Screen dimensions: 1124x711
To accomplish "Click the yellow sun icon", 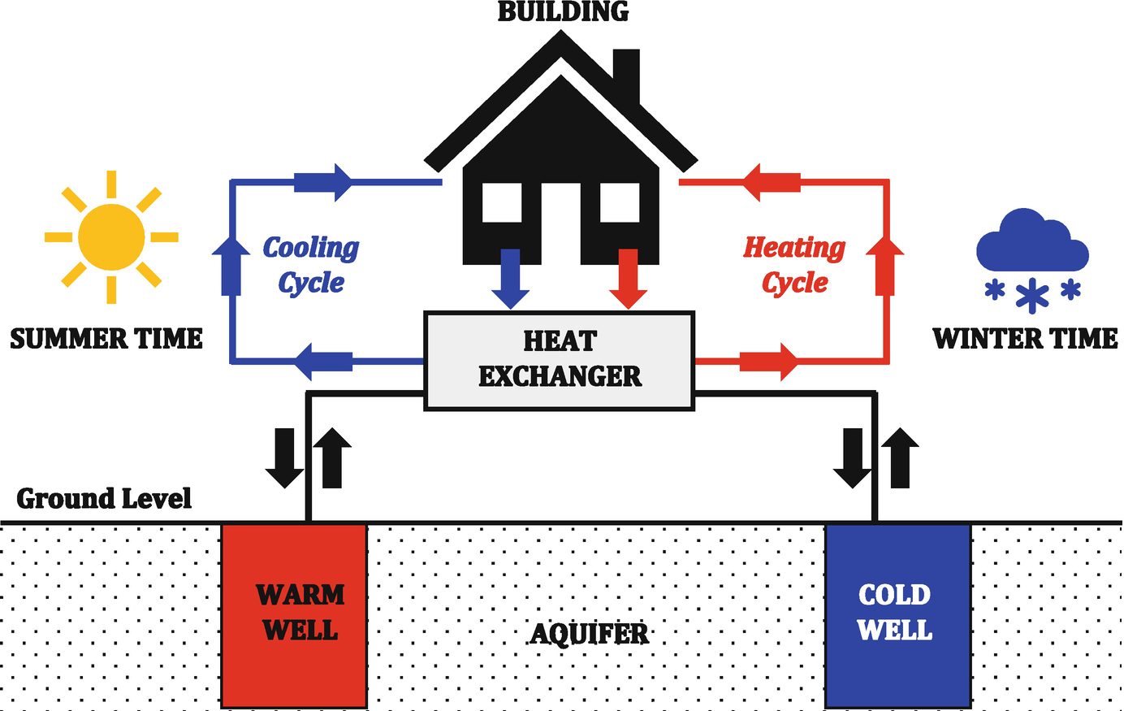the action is (x=112, y=237).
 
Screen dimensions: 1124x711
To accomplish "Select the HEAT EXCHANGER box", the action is (x=560, y=359).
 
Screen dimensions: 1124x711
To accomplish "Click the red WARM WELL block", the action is (x=294, y=615).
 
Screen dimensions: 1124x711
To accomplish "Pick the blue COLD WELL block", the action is (x=897, y=615).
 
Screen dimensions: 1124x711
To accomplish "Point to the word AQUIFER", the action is (x=590, y=633).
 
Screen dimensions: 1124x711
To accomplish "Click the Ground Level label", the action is (x=104, y=498).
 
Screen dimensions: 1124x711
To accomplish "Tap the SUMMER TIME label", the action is (x=106, y=338).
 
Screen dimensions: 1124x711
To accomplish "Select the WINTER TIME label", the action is (x=1025, y=338).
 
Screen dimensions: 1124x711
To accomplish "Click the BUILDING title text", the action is (x=563, y=12).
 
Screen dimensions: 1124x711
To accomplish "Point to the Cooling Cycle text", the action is (x=311, y=265).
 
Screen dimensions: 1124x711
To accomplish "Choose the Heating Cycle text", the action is (x=794, y=265).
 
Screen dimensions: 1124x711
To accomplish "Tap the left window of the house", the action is (x=502, y=202).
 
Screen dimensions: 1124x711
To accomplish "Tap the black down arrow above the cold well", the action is (x=853, y=457).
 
